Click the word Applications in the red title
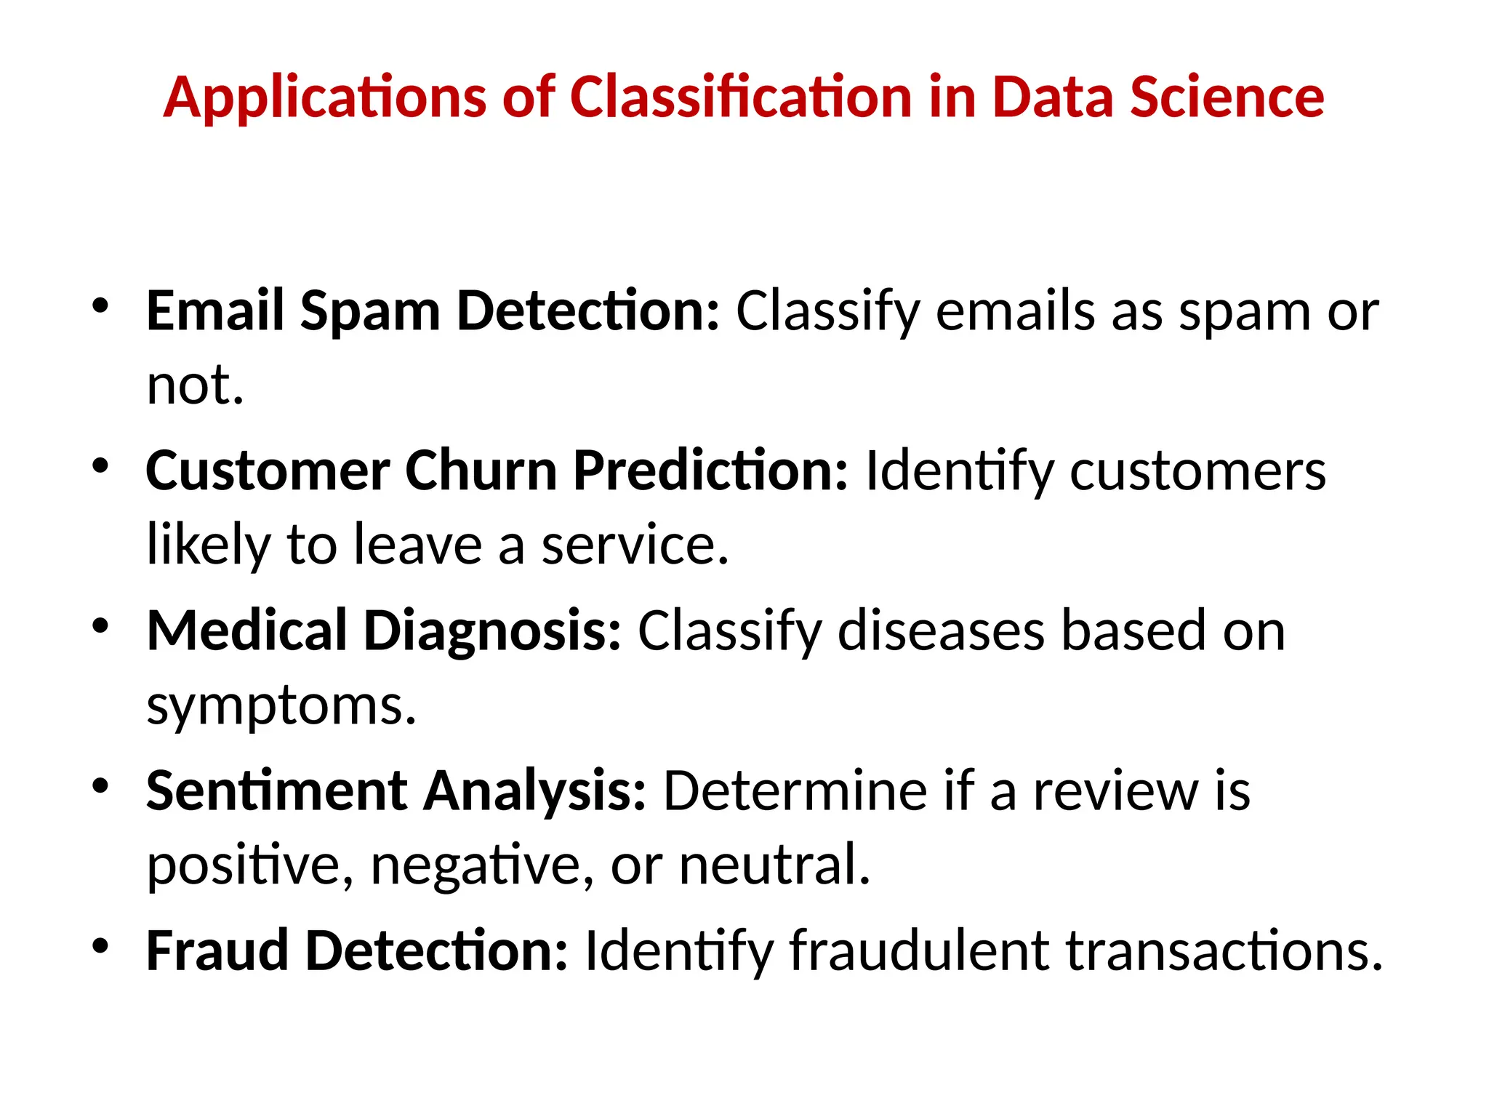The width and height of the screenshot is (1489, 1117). (x=324, y=97)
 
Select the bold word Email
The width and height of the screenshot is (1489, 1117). (x=214, y=311)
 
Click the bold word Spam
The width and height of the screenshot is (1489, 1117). (x=370, y=311)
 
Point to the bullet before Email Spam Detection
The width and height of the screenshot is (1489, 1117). (x=100, y=305)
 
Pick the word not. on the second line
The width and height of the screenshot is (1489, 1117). (x=195, y=385)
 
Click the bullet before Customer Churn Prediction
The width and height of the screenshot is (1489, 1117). (x=100, y=465)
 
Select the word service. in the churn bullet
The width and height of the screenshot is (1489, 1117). (x=634, y=545)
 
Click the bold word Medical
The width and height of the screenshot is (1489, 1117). (x=246, y=630)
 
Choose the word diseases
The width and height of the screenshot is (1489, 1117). (x=941, y=630)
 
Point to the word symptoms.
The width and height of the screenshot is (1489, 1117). (x=281, y=706)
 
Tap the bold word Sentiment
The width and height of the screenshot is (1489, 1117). (x=276, y=790)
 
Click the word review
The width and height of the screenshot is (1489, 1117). (x=1115, y=790)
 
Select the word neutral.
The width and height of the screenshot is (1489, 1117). (x=774, y=865)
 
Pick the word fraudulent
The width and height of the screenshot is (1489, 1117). (x=919, y=950)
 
